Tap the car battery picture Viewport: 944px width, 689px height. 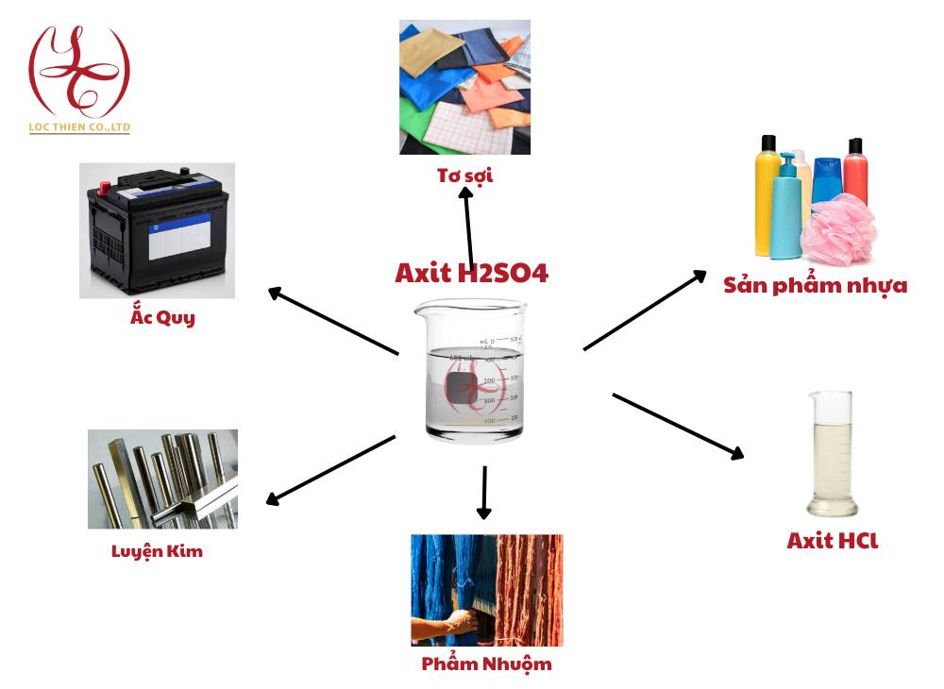[x=157, y=230]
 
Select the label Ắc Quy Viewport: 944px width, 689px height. [x=162, y=317]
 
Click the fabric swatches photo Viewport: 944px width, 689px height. [x=464, y=87]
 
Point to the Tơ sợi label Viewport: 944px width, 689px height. [x=464, y=176]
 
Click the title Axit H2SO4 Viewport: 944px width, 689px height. [x=471, y=274]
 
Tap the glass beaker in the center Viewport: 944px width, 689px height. [x=470, y=370]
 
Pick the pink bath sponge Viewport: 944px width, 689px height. [x=838, y=230]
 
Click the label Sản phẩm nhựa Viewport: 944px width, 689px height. [x=816, y=285]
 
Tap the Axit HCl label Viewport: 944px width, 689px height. [x=833, y=541]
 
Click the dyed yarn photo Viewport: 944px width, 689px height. [x=486, y=590]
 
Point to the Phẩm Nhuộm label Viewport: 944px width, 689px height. [x=486, y=664]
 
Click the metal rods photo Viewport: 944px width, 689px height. [x=162, y=479]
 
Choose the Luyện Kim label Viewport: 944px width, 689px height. [x=157, y=551]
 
